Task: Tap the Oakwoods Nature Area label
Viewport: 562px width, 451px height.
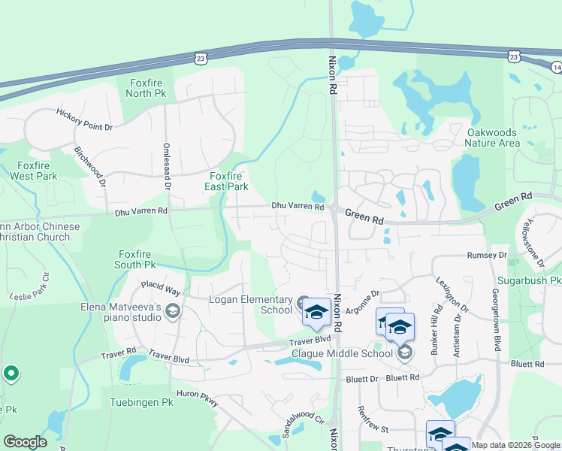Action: [492, 138]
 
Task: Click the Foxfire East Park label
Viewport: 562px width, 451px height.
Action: [228, 181]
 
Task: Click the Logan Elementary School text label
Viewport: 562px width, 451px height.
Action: [250, 304]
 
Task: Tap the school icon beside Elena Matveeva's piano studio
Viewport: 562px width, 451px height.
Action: [173, 312]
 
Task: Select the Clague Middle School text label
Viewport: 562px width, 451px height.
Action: [349, 353]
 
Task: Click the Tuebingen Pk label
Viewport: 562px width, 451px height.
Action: [141, 402]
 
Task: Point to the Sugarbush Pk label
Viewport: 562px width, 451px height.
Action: [534, 280]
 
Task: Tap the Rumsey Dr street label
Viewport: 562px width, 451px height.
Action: [487, 256]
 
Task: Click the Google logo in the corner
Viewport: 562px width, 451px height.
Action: [25, 441]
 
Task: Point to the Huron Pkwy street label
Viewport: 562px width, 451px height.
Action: [197, 398]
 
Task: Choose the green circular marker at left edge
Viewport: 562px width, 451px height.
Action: [11, 373]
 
